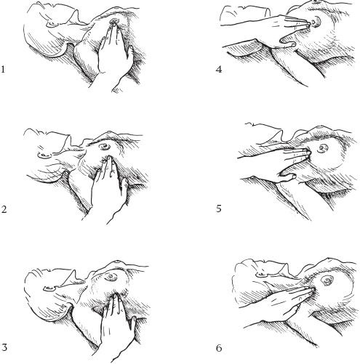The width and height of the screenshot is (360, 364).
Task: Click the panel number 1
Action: [x=3, y=70]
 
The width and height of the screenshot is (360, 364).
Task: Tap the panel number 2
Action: [x=4, y=209]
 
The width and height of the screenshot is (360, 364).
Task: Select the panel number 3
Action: [x=4, y=347]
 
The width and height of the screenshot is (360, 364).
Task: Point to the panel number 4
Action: [x=219, y=70]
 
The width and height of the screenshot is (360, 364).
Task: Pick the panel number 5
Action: [x=219, y=209]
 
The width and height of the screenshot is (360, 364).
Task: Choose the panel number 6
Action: [x=219, y=348]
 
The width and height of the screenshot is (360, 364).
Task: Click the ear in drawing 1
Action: [x=54, y=24]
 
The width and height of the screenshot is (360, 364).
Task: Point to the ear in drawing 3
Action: [x=50, y=288]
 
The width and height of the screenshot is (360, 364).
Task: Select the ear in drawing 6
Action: [x=262, y=275]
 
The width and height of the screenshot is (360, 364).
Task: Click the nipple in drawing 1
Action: [x=113, y=22]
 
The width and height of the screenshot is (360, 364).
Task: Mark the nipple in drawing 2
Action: [x=105, y=146]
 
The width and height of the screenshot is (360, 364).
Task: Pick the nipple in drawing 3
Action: [x=111, y=276]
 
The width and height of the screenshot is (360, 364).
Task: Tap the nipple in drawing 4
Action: [x=315, y=22]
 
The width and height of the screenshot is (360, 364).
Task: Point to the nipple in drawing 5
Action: [x=323, y=147]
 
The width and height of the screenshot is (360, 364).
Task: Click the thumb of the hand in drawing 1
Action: [x=129, y=53]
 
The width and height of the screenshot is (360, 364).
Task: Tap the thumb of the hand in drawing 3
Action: [x=132, y=325]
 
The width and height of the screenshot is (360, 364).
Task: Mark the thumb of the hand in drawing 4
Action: [x=287, y=41]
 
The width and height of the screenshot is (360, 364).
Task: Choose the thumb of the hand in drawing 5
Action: [x=288, y=175]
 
